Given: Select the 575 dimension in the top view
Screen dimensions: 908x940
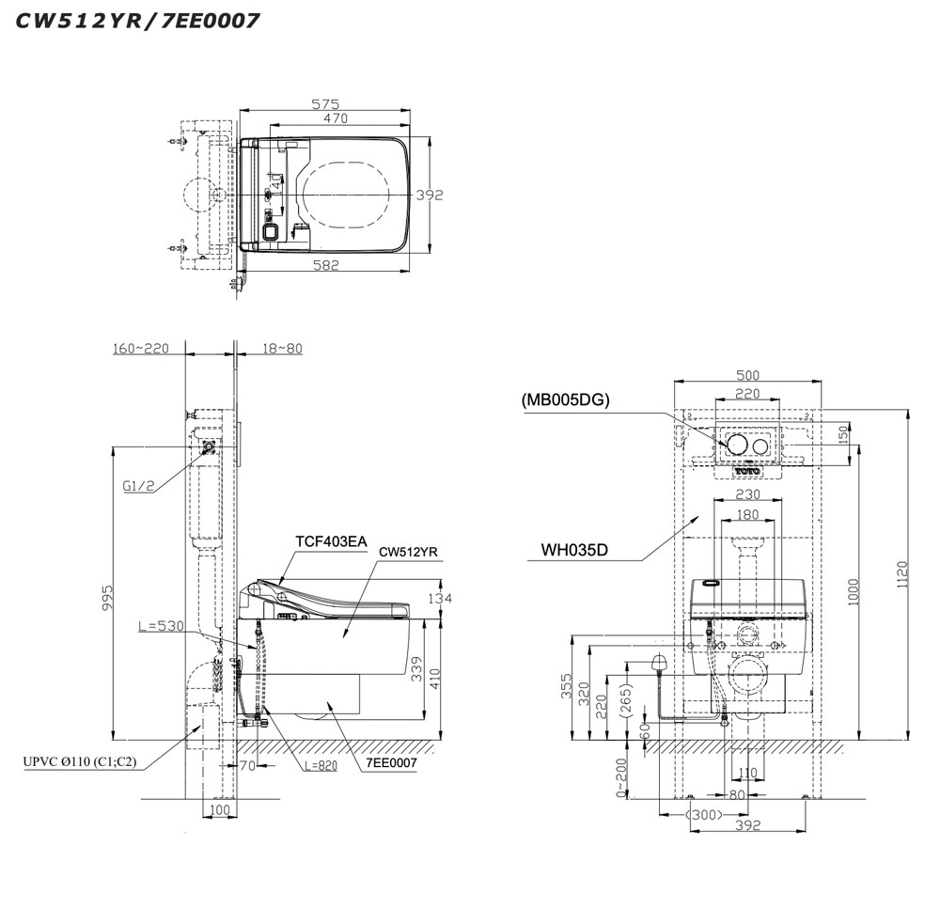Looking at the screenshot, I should coord(325,104).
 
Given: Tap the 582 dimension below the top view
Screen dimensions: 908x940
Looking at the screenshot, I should coord(325,266).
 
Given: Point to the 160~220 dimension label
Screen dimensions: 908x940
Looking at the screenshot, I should coord(142,348).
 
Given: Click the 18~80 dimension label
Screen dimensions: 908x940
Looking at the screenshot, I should coord(283,348).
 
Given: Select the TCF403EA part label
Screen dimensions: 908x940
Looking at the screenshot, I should coord(330,541).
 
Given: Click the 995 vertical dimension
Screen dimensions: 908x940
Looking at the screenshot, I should coord(107,596).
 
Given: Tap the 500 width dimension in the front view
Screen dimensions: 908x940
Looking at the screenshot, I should coord(747,375).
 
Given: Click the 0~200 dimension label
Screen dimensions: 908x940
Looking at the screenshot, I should coord(619,779).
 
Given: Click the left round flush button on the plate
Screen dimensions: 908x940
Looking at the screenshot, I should coord(734,444).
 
